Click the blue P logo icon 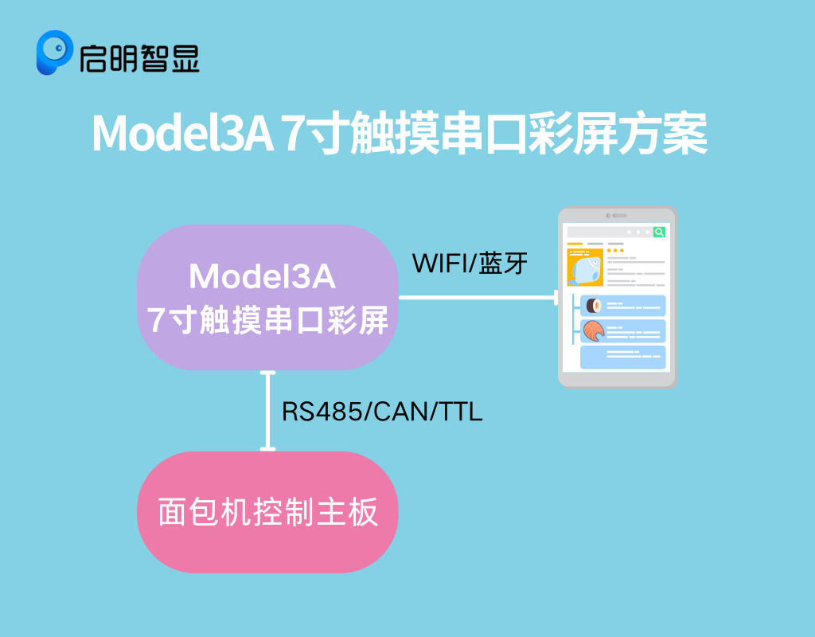point(54,52)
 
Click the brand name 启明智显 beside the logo point(139,57)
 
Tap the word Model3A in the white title point(182,134)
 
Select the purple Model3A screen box point(267,297)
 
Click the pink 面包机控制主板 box point(267,512)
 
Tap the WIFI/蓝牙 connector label point(470,263)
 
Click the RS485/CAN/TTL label point(382,412)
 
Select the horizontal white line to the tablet point(478,298)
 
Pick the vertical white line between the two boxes point(267,411)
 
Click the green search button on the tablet point(659,232)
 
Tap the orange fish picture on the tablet point(585,268)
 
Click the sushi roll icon point(594,306)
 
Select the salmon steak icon point(594,330)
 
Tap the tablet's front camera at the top point(608,215)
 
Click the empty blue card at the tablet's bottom point(622,358)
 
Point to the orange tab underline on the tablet point(575,244)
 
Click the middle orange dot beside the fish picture point(615,251)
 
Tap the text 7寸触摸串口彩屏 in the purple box point(267,320)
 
